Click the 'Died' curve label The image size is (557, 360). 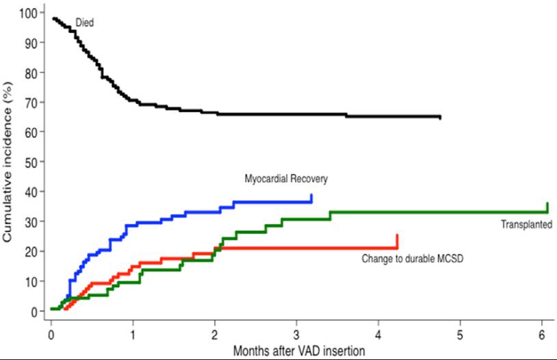pyautogui.click(x=84, y=23)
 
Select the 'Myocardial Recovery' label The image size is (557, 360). pyautogui.click(x=286, y=179)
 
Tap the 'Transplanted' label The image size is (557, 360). pyautogui.click(x=526, y=224)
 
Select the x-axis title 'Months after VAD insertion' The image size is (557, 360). pyautogui.click(x=298, y=350)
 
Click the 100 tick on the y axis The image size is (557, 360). pyautogui.click(x=29, y=12)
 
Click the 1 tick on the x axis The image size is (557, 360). pyautogui.click(x=133, y=335)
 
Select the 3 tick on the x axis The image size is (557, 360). pyautogui.click(x=296, y=335)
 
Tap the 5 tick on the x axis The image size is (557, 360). pyautogui.click(x=460, y=335)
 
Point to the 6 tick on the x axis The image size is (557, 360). pyautogui.click(x=542, y=335)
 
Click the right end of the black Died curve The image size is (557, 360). pyautogui.click(x=440, y=118)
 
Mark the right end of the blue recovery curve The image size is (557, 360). pyautogui.click(x=311, y=196)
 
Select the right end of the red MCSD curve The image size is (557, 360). pyautogui.click(x=397, y=236)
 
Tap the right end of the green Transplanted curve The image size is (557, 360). pyautogui.click(x=547, y=205)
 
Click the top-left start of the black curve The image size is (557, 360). pyautogui.click(x=53, y=18)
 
